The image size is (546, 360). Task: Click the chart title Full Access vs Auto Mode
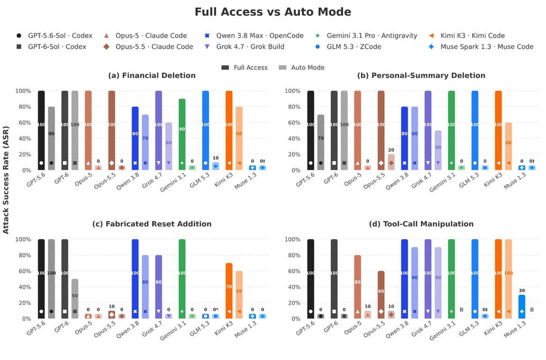(x=273, y=12)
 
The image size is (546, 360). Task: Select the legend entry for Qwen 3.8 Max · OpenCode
(x=254, y=36)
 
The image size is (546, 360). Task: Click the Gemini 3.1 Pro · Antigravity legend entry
(x=366, y=36)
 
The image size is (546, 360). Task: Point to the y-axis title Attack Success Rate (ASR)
(x=6, y=180)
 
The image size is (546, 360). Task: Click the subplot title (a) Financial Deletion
(x=152, y=75)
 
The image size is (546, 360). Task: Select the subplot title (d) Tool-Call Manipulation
(x=421, y=224)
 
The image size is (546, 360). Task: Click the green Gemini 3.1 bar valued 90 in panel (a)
(x=182, y=135)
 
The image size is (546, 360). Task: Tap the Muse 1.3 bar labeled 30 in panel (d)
(x=522, y=307)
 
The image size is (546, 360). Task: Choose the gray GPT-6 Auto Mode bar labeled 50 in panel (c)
(x=75, y=299)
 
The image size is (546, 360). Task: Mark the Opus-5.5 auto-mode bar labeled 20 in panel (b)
(x=391, y=162)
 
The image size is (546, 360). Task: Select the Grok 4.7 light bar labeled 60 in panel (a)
(x=169, y=146)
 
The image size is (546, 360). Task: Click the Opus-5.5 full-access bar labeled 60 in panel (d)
(x=381, y=295)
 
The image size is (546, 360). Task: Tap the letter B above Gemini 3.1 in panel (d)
(x=461, y=309)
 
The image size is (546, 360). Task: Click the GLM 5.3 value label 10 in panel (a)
(x=216, y=158)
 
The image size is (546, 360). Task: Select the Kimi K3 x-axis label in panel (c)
(x=223, y=328)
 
